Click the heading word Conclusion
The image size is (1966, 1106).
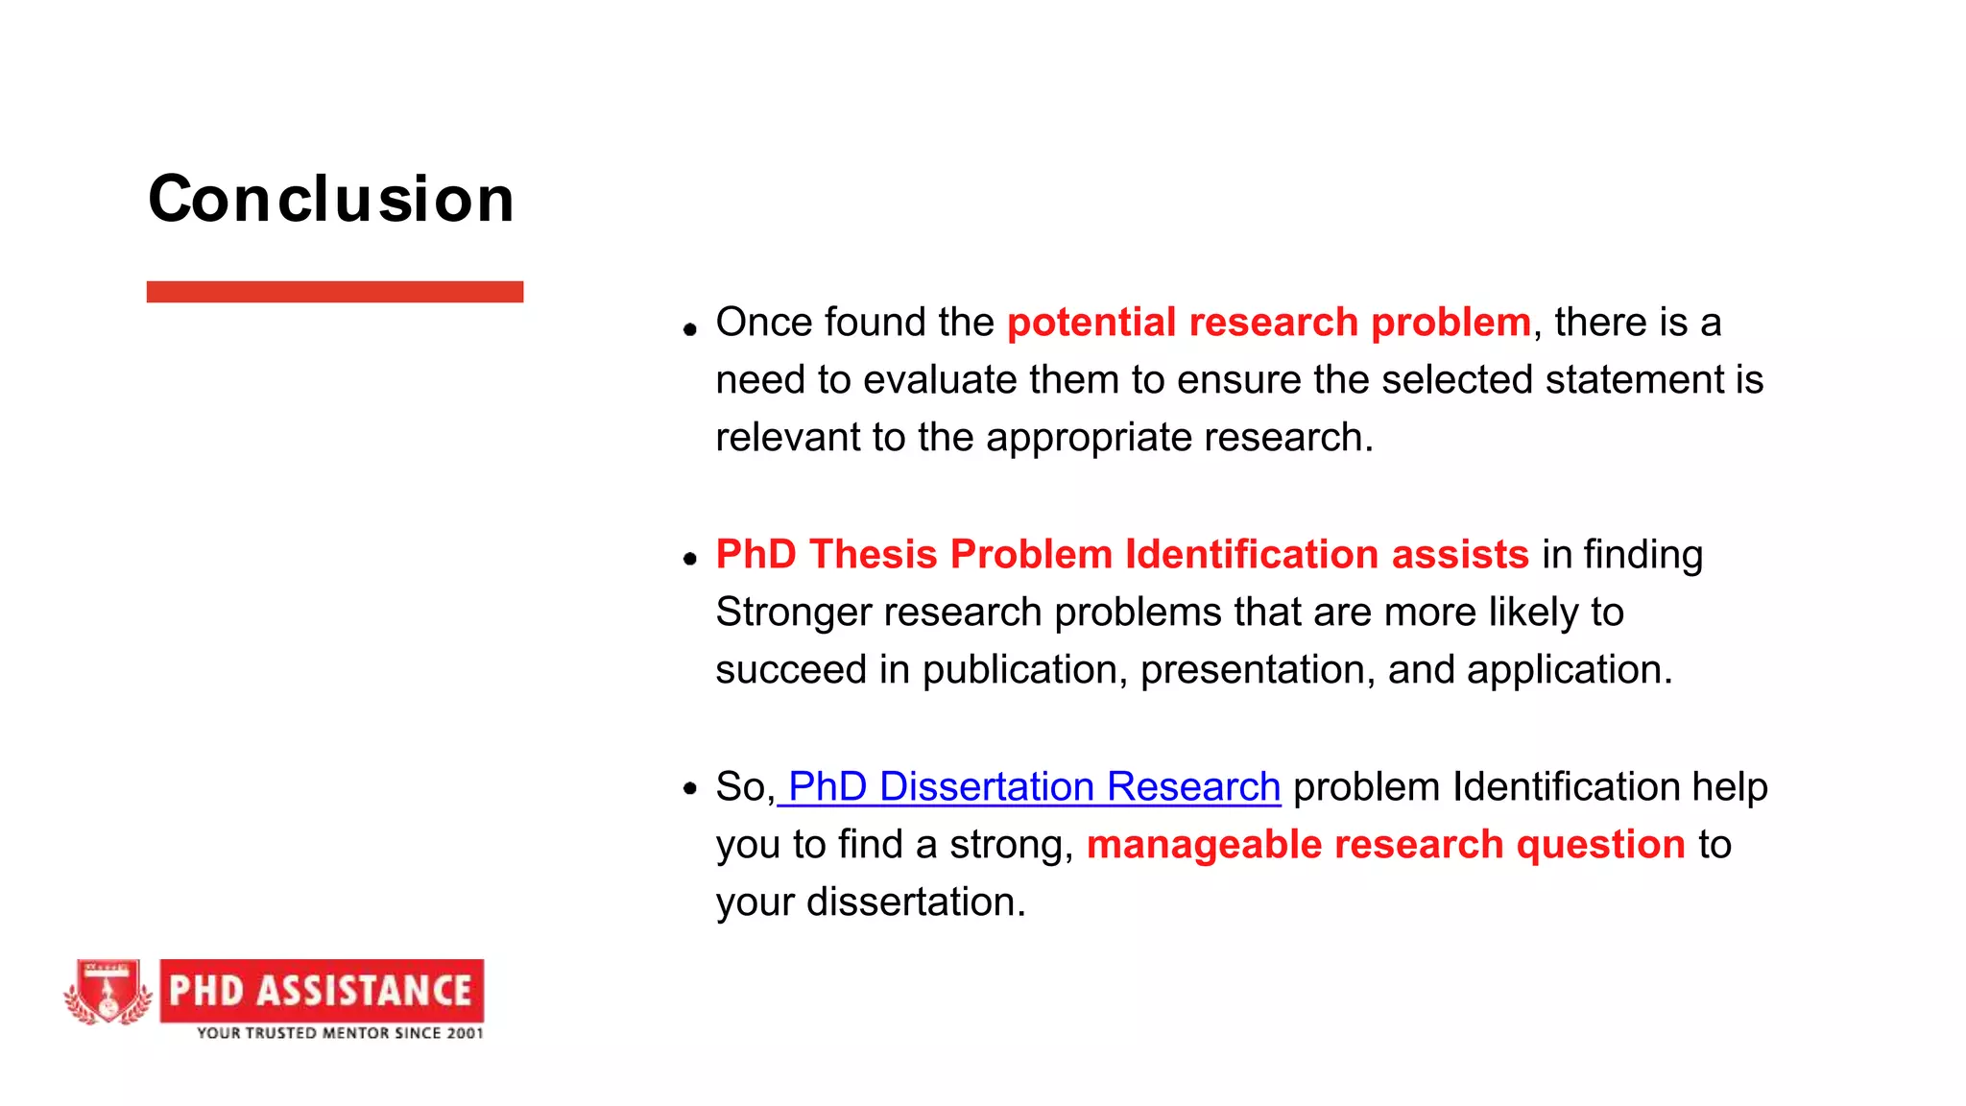331,200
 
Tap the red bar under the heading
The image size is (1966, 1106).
334,292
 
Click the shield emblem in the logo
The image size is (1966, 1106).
108,991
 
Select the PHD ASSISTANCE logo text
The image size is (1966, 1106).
322,990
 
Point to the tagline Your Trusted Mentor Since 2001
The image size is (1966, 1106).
340,1033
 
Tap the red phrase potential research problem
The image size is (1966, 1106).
1268,323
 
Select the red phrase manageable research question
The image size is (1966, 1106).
1385,845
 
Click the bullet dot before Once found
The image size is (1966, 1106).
689,329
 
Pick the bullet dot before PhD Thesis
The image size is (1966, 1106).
689,559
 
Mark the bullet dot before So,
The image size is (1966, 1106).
689,789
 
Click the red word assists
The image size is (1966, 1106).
1459,555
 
